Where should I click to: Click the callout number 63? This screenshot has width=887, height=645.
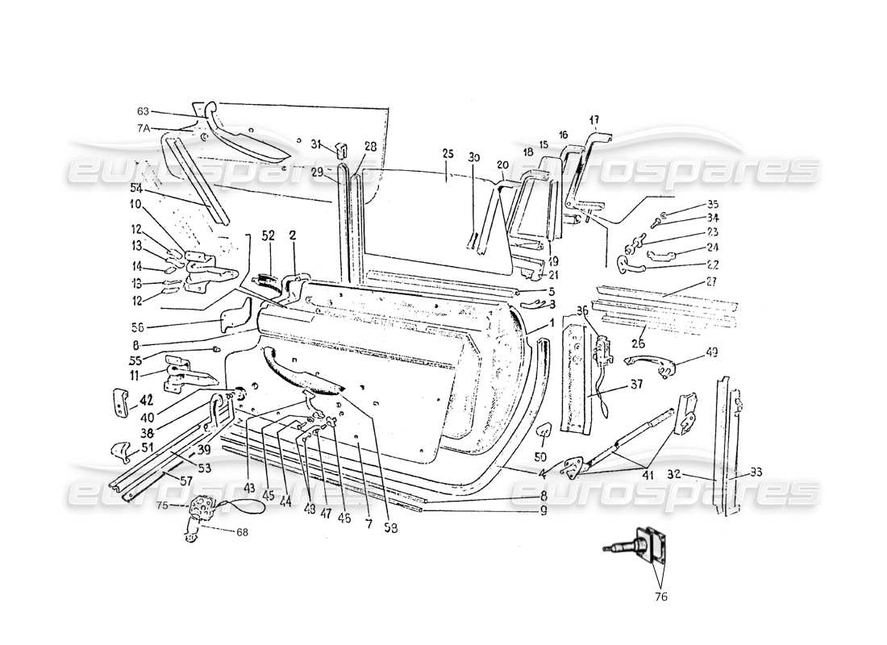coord(143,111)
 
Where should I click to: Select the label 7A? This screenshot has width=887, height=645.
coord(143,128)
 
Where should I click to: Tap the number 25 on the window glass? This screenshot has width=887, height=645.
coord(448,153)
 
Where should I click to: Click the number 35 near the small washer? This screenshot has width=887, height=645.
coord(690,203)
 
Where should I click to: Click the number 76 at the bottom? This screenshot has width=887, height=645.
coord(661,597)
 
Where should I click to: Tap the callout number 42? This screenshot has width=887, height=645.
coord(146,397)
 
